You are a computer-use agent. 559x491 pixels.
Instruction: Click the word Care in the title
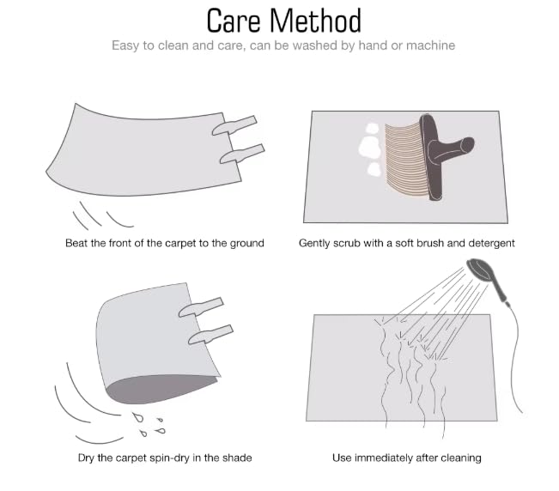pos(234,21)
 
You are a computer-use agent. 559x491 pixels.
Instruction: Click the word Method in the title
pos(315,21)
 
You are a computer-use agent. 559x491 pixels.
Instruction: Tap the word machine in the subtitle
pos(430,45)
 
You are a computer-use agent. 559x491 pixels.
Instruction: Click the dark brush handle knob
pos(467,145)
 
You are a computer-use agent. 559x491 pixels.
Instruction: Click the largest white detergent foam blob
pos(370,148)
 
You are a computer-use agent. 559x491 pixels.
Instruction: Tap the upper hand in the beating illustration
pos(234,125)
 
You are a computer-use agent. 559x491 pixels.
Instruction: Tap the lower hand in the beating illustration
pos(242,154)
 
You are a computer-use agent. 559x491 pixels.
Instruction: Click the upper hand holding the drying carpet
pos(201,307)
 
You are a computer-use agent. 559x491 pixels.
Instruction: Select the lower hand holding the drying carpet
pos(210,335)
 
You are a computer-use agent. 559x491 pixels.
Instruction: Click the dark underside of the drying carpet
pos(161,389)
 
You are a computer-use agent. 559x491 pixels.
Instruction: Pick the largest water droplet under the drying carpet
pos(137,417)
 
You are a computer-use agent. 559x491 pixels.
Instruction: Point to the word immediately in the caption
pos(384,458)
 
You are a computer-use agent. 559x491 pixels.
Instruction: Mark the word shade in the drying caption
pos(238,458)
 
